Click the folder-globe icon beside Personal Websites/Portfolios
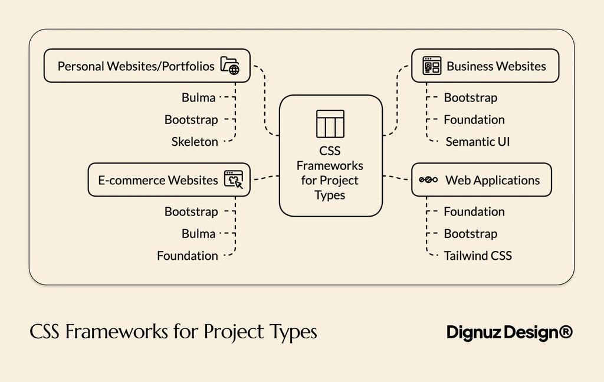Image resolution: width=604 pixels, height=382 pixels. [x=230, y=66]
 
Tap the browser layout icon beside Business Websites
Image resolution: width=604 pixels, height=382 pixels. [x=432, y=66]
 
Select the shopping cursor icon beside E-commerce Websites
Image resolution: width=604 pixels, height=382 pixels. [x=234, y=180]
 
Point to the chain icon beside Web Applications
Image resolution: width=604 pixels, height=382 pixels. [x=428, y=180]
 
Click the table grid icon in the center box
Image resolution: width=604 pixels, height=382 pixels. [x=330, y=123]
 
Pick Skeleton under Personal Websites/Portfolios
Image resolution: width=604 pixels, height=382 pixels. [x=195, y=142]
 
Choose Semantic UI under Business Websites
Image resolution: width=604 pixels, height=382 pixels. [x=477, y=142]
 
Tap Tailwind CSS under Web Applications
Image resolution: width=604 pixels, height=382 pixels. [x=478, y=256]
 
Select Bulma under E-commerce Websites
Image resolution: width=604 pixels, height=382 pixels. [x=198, y=234]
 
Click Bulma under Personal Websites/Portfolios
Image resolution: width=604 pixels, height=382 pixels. [x=198, y=97]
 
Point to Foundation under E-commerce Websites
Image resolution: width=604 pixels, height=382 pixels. [x=188, y=256]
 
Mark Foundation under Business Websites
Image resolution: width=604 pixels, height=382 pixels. [x=474, y=120]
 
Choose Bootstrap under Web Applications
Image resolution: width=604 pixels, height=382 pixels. [x=471, y=234]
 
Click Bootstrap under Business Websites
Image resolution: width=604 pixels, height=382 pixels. [x=471, y=97]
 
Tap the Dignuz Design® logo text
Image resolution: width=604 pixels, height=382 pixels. [x=509, y=332]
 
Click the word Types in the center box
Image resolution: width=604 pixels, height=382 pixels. [x=330, y=195]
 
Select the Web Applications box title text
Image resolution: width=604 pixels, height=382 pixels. [x=493, y=180]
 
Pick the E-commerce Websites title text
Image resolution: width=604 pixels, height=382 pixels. [x=158, y=180]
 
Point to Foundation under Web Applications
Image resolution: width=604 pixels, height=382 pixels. [x=474, y=211]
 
